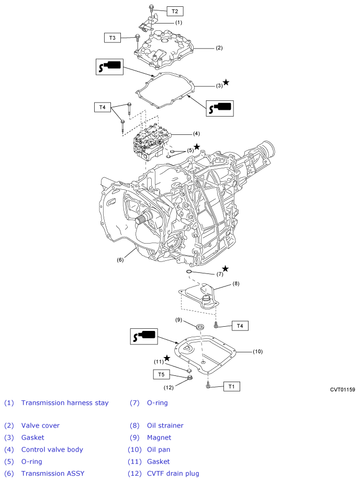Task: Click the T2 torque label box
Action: [175, 12]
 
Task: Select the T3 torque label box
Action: [113, 38]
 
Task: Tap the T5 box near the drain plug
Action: [161, 374]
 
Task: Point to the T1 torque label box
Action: [231, 387]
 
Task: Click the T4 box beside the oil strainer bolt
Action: [240, 326]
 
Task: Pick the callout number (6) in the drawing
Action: [120, 260]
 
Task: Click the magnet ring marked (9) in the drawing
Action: [200, 326]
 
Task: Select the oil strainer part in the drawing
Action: [199, 296]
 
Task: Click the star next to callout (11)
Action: [167, 358]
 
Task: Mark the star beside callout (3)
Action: [226, 82]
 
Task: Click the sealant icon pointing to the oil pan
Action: [144, 336]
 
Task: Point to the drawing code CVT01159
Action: [342, 389]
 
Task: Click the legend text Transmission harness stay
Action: [65, 403]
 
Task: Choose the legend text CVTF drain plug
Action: [173, 474]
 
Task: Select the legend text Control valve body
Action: [52, 450]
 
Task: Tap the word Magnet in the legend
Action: [159, 438]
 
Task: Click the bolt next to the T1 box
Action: [208, 385]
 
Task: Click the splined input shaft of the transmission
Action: [143, 219]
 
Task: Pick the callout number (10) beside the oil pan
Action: [257, 351]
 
